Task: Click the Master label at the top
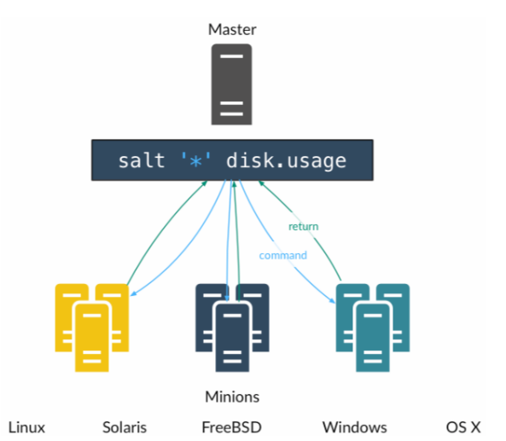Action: click(x=232, y=30)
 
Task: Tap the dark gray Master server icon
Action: click(x=231, y=84)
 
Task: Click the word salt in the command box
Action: click(x=142, y=160)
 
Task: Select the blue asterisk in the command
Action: click(x=196, y=161)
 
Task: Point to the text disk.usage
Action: click(x=286, y=161)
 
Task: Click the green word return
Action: click(x=303, y=227)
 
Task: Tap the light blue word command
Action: click(x=283, y=256)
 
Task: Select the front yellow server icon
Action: click(x=92, y=337)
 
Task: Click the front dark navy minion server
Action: click(x=232, y=337)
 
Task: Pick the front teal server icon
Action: click(x=373, y=337)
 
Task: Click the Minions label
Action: click(x=232, y=397)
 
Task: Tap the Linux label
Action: click(x=26, y=427)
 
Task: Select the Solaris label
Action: click(x=125, y=427)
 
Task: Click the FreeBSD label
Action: click(x=232, y=427)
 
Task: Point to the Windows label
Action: click(x=355, y=427)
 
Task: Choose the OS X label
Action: click(x=463, y=427)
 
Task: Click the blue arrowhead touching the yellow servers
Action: click(x=133, y=293)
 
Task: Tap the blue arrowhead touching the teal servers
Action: click(x=332, y=300)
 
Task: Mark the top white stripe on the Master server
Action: click(x=232, y=56)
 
